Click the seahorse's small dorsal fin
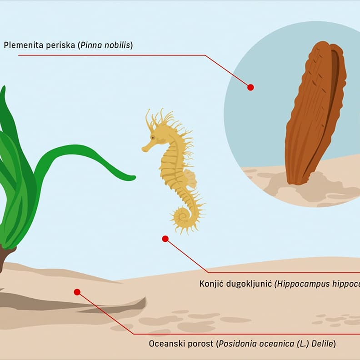tap(190, 178)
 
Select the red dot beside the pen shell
tap(250, 87)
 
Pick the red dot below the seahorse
tap(165, 239)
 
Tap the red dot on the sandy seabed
tap(77, 292)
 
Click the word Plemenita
tap(22, 45)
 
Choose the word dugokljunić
tap(249, 284)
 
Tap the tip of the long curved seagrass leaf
tap(133, 178)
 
